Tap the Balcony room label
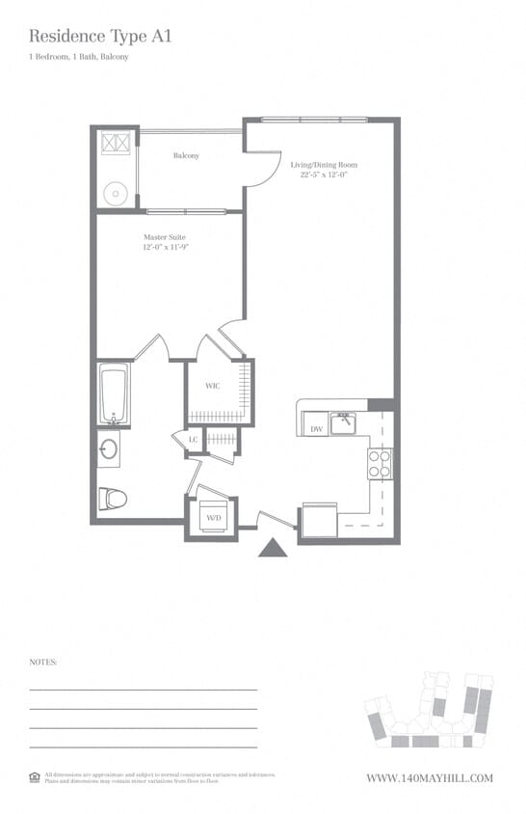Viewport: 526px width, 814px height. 186,155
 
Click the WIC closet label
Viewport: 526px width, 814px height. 214,386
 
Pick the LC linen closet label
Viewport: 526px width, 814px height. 193,439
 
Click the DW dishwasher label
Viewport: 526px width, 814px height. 315,428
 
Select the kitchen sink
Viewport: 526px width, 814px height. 342,423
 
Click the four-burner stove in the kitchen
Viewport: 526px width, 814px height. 380,464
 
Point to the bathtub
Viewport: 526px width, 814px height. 113,395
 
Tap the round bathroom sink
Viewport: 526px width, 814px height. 108,449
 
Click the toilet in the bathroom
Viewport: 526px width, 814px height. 112,498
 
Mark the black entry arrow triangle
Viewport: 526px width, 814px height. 274,548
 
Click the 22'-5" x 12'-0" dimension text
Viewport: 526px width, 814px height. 324,176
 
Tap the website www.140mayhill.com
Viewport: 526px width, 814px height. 430,777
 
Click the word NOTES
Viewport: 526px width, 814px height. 43,663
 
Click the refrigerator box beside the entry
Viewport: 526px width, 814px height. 319,520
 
